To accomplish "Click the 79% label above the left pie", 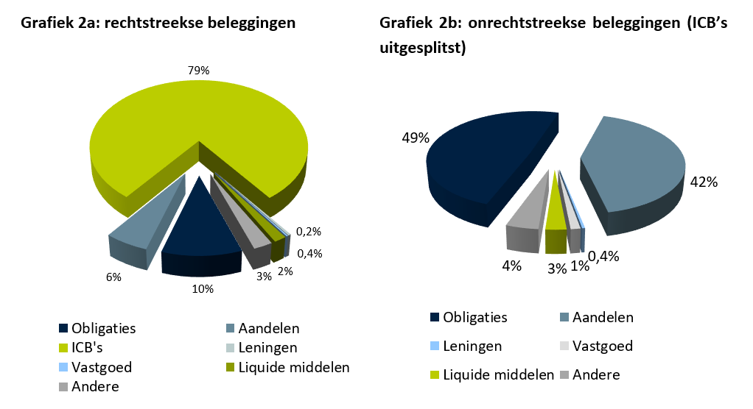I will tap(199, 71).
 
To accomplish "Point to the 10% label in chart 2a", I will tap(203, 289).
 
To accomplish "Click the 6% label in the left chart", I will tap(113, 277).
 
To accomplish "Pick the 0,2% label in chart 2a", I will tap(309, 232).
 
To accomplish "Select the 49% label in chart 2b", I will tap(415, 138).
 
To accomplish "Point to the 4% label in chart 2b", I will tap(511, 266).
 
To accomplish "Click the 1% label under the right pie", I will tap(580, 266).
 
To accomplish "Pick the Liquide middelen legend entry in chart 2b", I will tap(491, 374).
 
